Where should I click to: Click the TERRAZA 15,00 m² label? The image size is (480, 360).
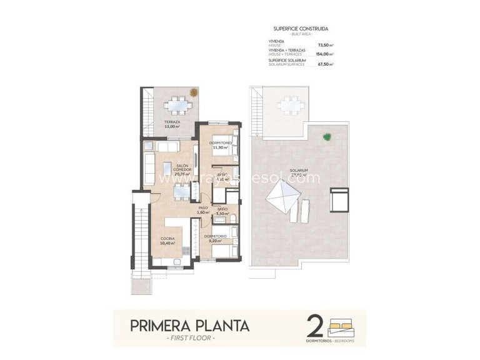[x=172, y=124]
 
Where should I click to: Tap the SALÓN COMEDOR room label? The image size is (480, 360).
[x=165, y=169]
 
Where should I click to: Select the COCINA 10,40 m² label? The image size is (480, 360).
[x=167, y=241]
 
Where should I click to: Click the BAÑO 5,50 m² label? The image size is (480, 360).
[x=222, y=212]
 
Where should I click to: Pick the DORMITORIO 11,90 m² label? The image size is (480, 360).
[x=222, y=146]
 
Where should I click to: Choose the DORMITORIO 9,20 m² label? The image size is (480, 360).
[x=216, y=237]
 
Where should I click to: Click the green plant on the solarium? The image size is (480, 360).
[x=326, y=137]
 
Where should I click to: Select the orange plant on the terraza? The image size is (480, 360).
[x=194, y=92]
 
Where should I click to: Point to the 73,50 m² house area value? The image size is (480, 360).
[x=325, y=45]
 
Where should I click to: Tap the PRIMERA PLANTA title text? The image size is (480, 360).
[x=189, y=326]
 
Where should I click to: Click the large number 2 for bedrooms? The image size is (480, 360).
[x=316, y=326]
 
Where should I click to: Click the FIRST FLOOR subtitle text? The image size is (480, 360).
[x=189, y=338]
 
